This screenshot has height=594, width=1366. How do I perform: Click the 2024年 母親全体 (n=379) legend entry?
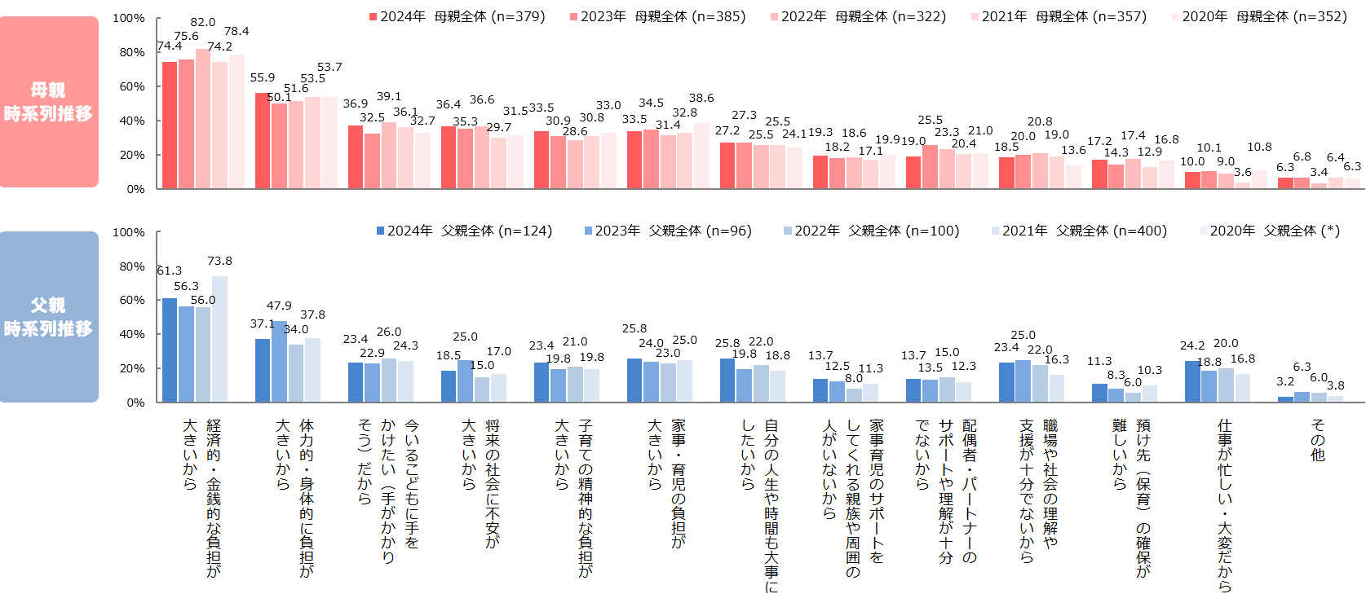point(457,16)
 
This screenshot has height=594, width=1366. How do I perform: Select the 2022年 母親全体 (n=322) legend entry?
point(858,16)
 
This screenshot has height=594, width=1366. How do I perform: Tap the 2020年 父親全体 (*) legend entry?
point(1269,231)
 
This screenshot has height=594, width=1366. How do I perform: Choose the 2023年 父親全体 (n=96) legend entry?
point(668,231)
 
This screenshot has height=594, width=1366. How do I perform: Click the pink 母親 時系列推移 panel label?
point(49,102)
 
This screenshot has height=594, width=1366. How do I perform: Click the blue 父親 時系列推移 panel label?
point(49,317)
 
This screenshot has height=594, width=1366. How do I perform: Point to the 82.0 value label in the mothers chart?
point(203,22)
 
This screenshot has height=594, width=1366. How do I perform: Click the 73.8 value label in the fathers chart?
point(219,261)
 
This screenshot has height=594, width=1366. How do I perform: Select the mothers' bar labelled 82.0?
point(203,119)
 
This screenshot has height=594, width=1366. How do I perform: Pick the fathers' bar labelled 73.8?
point(219,339)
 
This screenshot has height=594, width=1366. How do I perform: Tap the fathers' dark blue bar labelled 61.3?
point(170,350)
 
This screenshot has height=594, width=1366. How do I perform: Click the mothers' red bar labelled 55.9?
point(263,141)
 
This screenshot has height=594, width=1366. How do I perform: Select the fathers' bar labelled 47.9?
point(279,361)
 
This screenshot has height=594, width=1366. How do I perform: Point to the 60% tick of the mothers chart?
point(129,86)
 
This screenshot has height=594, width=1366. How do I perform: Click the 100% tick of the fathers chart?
point(129,232)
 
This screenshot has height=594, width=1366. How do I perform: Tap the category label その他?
point(1318,440)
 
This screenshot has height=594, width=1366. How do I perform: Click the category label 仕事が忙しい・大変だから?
point(1225,505)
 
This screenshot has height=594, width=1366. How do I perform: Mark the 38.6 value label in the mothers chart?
point(701,98)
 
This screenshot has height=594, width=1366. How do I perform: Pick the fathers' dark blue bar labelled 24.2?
point(1192,381)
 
